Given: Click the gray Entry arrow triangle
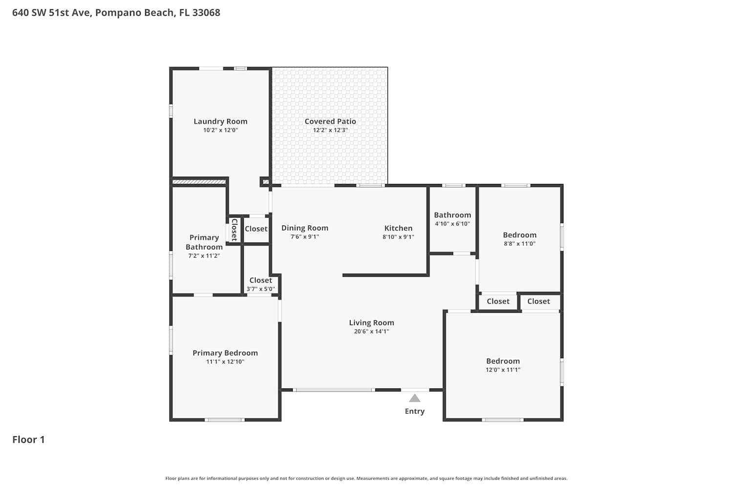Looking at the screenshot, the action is [x=414, y=398].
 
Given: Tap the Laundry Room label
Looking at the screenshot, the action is [x=220, y=121].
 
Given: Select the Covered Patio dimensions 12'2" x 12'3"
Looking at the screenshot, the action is [x=330, y=130].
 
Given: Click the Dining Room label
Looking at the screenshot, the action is [x=304, y=228].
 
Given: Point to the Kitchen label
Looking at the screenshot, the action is [x=398, y=228].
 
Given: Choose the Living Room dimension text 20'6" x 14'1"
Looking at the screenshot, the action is [x=371, y=331].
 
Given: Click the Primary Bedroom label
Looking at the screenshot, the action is [x=225, y=353].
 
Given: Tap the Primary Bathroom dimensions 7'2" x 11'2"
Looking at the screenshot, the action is [x=204, y=256].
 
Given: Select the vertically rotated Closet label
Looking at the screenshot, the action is [x=234, y=230].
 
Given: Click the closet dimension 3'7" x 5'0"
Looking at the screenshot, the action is [x=260, y=289].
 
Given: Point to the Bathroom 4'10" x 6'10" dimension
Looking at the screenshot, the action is [x=452, y=224].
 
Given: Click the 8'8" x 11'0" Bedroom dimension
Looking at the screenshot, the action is [x=519, y=244].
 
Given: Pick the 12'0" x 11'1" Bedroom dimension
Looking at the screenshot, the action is [x=503, y=370].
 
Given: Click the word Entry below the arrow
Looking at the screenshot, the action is [x=414, y=411].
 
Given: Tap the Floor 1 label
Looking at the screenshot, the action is [x=28, y=439].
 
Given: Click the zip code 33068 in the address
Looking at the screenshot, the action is [x=206, y=12].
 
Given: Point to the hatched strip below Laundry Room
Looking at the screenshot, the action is [x=199, y=182].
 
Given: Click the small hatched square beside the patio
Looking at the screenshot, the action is [x=266, y=182].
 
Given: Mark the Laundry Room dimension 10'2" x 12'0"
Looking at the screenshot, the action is [x=220, y=130].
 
